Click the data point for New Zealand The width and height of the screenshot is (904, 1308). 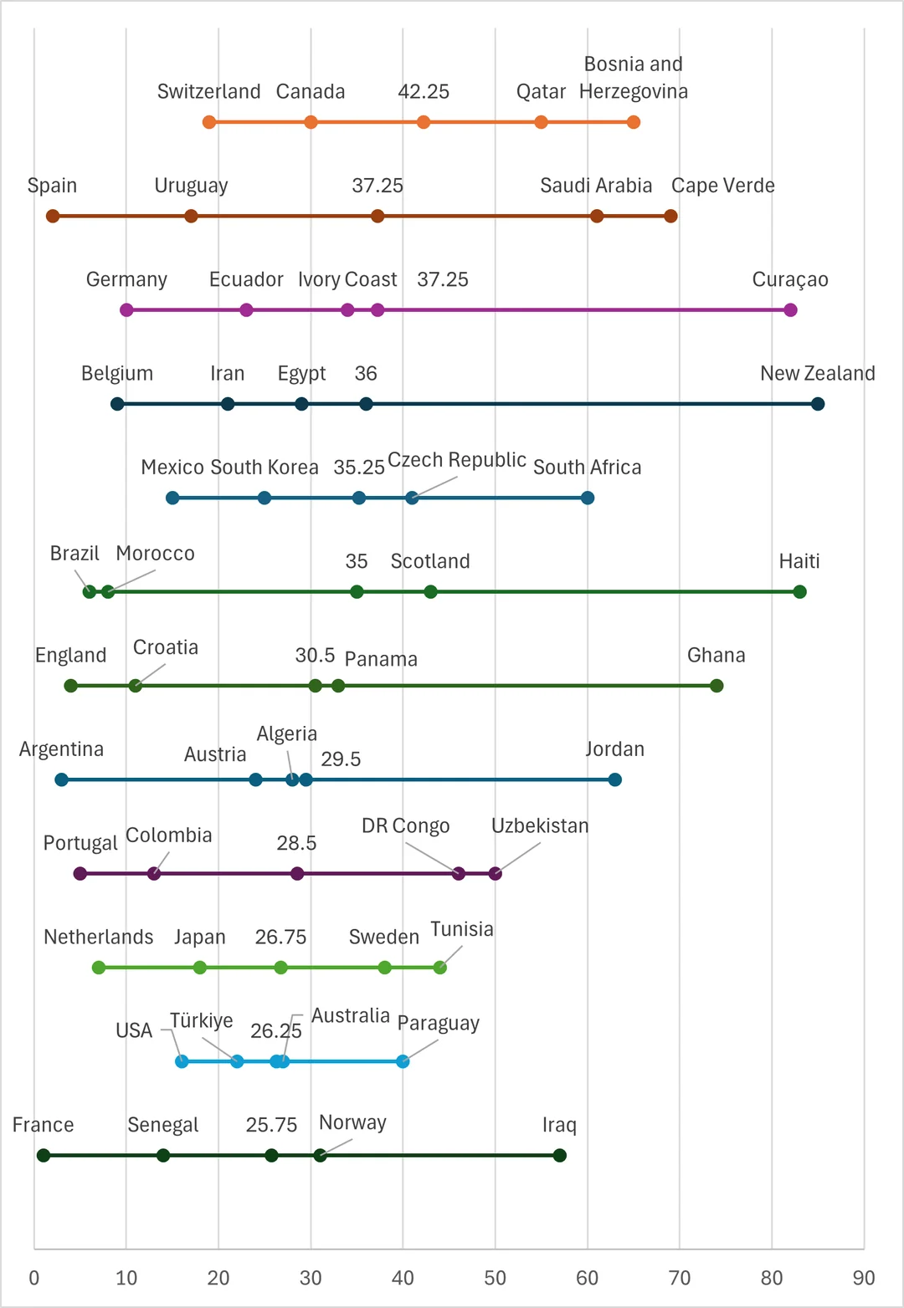[x=818, y=404]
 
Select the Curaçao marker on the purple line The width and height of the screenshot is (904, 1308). [x=790, y=310]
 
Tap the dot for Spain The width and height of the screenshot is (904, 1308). [x=53, y=216]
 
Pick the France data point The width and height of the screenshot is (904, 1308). [x=44, y=1155]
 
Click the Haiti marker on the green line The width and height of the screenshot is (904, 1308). [x=799, y=592]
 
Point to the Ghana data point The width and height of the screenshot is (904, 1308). [x=717, y=686]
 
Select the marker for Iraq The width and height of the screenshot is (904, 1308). [x=560, y=1155]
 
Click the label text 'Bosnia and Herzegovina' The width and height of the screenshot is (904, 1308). [x=634, y=78]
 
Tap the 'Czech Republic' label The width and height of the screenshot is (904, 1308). [x=457, y=460]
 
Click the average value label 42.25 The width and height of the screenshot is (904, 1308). [x=424, y=91]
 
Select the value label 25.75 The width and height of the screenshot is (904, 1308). [x=271, y=1125]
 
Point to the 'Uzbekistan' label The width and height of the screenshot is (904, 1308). [x=540, y=826]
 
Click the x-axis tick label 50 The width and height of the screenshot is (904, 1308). [x=495, y=1278]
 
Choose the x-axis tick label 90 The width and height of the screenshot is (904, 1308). [x=864, y=1278]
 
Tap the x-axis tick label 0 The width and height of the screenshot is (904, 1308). [x=34, y=1278]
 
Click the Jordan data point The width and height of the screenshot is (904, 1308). [x=615, y=779]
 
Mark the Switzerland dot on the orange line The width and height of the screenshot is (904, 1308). [x=209, y=122]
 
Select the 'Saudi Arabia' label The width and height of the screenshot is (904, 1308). [x=596, y=186]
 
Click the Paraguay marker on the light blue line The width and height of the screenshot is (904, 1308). [x=403, y=1061]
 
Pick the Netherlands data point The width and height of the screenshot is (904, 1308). [x=99, y=968]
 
